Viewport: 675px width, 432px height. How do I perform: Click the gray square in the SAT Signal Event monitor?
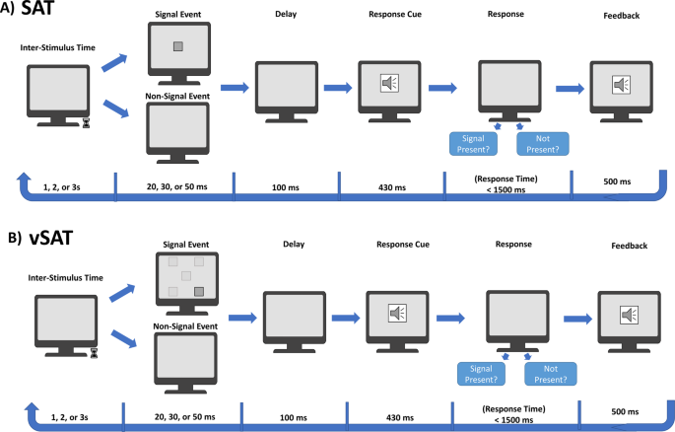tap(178, 46)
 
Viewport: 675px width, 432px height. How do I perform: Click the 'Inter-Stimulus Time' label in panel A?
tap(56, 47)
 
